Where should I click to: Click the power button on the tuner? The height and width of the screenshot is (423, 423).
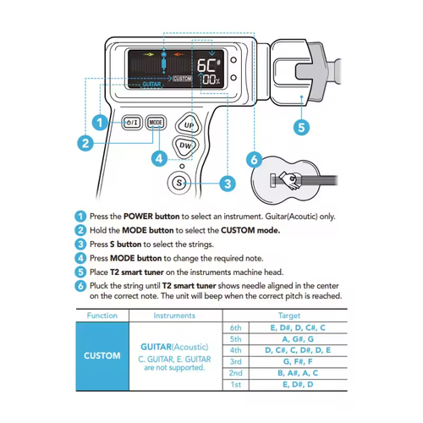coord(132,122)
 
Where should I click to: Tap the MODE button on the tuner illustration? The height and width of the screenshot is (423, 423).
coord(157,122)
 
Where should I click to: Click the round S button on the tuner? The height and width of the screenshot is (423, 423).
coord(179,181)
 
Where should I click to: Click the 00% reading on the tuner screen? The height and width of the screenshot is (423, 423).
coord(208,79)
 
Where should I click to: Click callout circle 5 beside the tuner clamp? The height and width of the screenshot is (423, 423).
coord(299,128)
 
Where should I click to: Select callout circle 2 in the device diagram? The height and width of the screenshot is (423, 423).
coord(85,143)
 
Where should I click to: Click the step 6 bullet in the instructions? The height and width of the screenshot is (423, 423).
coord(80,287)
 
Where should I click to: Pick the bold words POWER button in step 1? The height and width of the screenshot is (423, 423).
coord(143,216)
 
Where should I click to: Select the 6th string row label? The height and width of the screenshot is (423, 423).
coord(236,327)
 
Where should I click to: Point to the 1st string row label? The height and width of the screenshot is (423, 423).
coord(236,384)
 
